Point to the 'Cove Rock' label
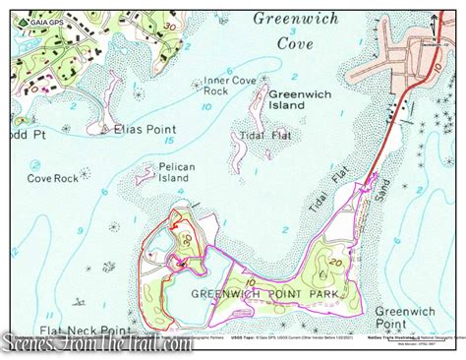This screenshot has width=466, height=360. [x=52, y=178]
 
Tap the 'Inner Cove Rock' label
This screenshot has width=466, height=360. [x=230, y=87]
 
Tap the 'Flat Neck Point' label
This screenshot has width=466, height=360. [x=86, y=330]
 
